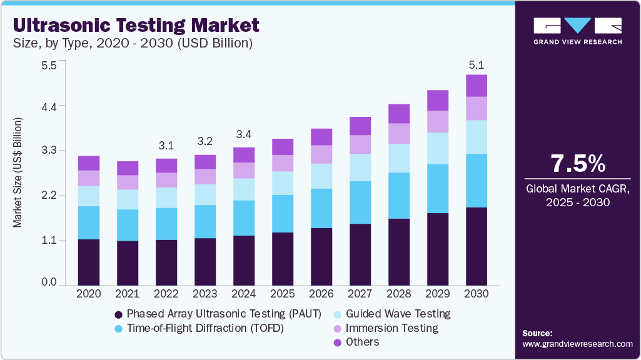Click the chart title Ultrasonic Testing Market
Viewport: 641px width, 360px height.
point(136,26)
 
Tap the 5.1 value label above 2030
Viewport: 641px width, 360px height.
point(477,64)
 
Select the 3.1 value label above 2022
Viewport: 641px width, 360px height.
point(166,146)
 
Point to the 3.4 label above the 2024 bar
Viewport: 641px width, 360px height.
point(244,134)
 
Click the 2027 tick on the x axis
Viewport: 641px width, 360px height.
point(360,294)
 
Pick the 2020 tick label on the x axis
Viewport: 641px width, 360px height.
point(89,294)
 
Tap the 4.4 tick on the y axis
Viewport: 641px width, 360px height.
point(49,107)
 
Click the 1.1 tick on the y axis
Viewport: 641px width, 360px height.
point(49,241)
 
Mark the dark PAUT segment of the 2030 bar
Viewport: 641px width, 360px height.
point(477,246)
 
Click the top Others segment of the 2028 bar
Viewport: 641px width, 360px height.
point(399,114)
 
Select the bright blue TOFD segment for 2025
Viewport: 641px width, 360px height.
point(283,214)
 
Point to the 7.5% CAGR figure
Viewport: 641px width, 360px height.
point(577,164)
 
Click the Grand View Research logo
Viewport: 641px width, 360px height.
point(577,31)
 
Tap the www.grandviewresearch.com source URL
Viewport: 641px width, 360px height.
point(577,344)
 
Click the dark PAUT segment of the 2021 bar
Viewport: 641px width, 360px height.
point(128,263)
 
